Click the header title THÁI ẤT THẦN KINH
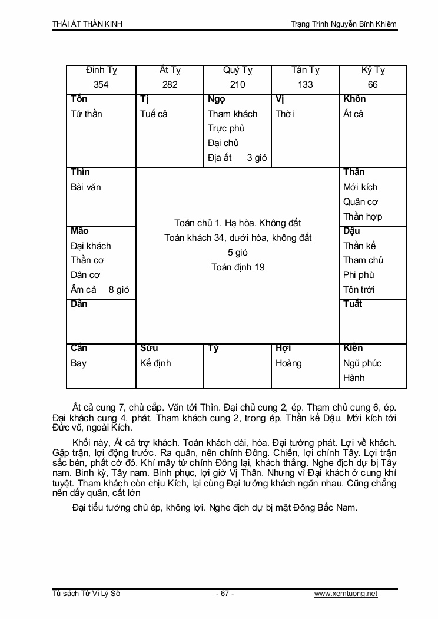[x=88, y=24]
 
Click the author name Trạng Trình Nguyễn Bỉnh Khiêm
[x=344, y=24]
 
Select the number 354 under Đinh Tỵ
[x=101, y=85]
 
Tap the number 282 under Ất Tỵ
[x=170, y=85]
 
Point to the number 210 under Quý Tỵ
[x=238, y=85]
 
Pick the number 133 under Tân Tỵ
[x=306, y=85]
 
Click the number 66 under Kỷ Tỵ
[x=373, y=85]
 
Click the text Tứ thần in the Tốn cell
[x=86, y=114]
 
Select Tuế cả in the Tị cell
[x=154, y=114]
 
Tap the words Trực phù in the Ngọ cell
[x=226, y=128]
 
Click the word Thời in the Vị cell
[x=285, y=114]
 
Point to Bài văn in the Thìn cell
[x=86, y=187]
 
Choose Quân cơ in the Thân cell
[x=360, y=202]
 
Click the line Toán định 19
[x=238, y=267]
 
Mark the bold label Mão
[x=79, y=231]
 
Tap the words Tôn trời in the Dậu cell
[x=359, y=290]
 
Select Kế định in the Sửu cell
[x=155, y=363]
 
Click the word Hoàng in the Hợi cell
[x=288, y=363]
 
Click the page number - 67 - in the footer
[x=225, y=594]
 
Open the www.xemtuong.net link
[x=346, y=594]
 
